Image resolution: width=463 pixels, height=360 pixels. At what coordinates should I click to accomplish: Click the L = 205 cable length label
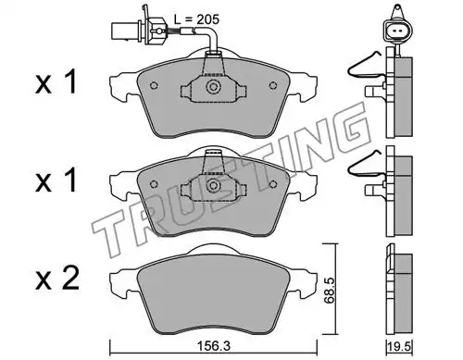(196, 19)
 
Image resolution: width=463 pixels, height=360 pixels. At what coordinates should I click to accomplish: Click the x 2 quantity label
(57, 279)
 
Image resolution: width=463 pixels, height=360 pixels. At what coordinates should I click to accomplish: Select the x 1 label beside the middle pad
(56, 181)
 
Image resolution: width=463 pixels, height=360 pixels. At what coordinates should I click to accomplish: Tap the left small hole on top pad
(154, 85)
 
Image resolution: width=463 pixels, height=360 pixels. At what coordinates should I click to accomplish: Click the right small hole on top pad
(273, 85)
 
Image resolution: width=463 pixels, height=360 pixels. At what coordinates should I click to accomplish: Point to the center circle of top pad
(213, 86)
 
